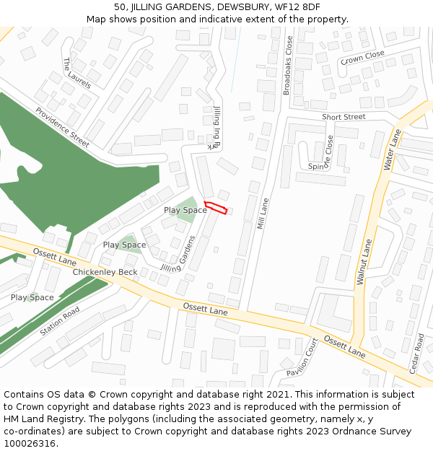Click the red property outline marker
pos(216,208)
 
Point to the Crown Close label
pos(362,57)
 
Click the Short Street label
pos(344,117)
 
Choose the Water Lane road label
pos(393,149)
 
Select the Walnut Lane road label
pos(364,263)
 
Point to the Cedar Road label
pos(416,353)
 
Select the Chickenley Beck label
pos(105,272)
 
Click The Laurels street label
pos(77,73)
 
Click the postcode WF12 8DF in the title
pos(295,7)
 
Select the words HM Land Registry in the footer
pos(40,419)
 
